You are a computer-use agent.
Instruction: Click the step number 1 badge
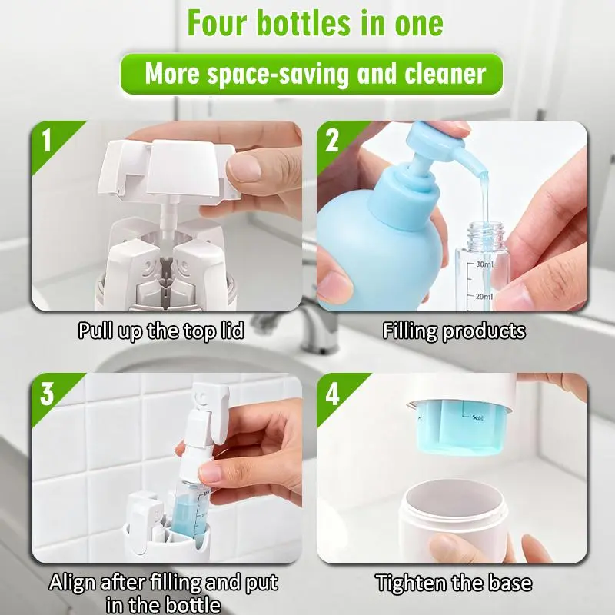48,140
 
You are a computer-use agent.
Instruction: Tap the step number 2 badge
332,140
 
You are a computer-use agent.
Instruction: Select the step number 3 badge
47,394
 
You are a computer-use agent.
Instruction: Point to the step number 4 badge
332,394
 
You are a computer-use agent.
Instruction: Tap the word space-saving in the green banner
278,74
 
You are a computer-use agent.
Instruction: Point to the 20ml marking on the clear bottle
484,297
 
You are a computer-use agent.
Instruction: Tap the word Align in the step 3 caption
71,582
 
